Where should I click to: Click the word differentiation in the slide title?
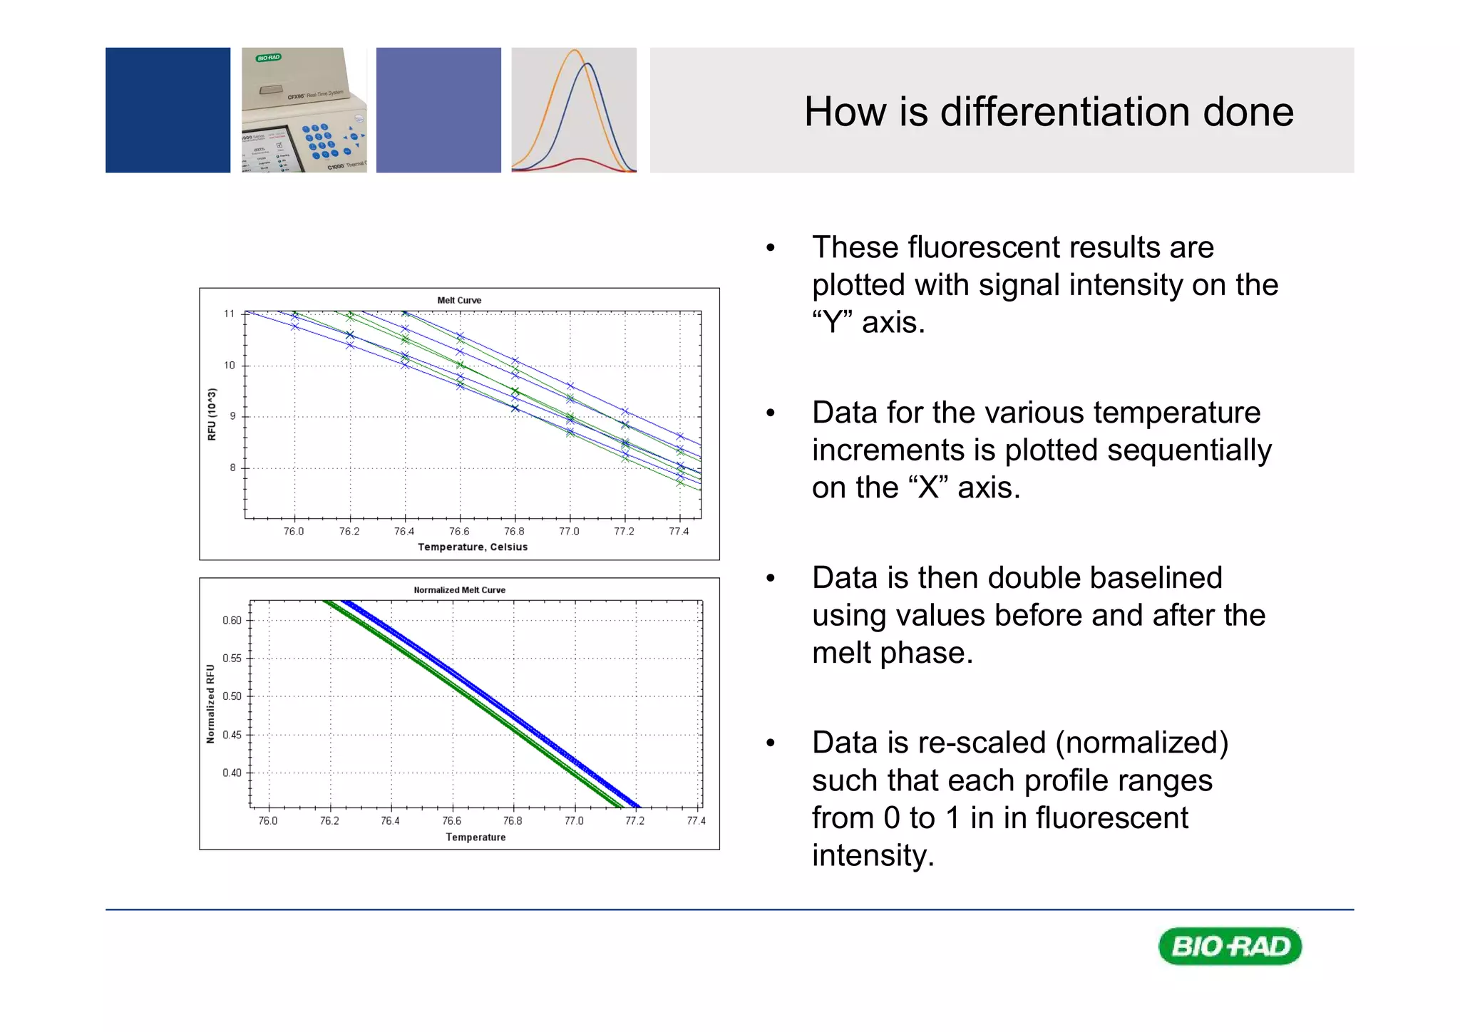tap(1065, 112)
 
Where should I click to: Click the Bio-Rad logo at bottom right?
tap(1230, 946)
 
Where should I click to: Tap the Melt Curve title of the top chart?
tap(459, 300)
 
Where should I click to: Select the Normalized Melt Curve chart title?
tap(459, 590)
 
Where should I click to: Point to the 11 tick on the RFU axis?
tap(229, 314)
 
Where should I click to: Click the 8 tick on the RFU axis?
tap(232, 468)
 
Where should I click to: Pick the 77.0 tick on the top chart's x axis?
tap(569, 532)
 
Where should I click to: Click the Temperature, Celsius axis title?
tap(473, 547)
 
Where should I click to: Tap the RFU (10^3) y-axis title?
tap(212, 414)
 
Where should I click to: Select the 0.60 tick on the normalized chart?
tap(232, 621)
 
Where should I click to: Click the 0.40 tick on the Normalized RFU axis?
tap(232, 773)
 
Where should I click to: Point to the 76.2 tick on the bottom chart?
tap(329, 821)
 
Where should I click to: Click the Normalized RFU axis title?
tap(210, 704)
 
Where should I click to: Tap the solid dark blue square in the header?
tap(168, 110)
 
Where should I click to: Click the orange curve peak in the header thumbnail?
tap(575, 51)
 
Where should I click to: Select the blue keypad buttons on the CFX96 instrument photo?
tap(319, 140)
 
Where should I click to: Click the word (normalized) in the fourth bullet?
tap(1142, 743)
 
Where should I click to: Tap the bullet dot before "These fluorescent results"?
tap(770, 248)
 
